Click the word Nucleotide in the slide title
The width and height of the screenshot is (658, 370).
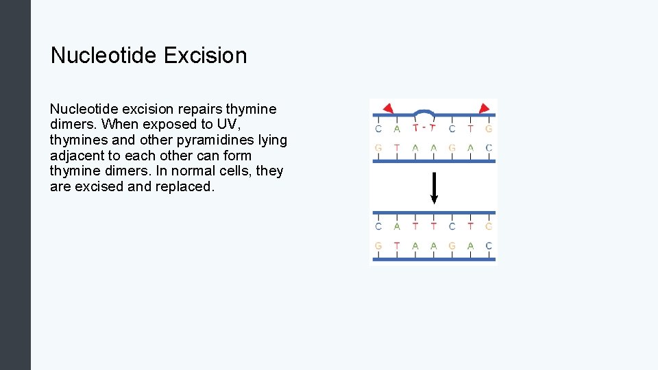101,56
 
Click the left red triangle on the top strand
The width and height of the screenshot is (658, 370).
387,108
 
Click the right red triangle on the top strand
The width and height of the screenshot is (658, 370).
484,108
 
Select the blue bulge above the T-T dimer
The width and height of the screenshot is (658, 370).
425,112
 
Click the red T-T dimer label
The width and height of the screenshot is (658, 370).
424,128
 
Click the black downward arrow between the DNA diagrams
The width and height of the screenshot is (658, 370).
433,188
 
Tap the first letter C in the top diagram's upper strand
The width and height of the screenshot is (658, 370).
378,128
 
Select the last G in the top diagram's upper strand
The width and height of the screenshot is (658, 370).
489,128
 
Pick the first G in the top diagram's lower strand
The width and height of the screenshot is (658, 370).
378,148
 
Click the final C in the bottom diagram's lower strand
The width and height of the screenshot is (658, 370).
489,246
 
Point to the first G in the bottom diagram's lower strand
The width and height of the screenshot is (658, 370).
378,246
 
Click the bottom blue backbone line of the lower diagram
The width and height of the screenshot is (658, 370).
433,260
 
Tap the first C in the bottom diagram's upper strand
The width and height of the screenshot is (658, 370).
378,226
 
